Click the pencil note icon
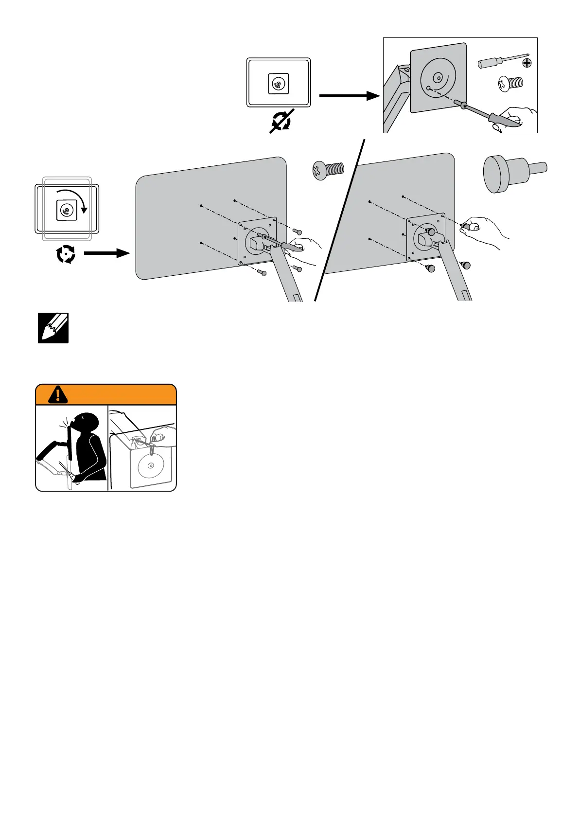53,328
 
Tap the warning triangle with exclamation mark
58,394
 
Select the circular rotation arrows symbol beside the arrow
66,254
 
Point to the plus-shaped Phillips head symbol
526,63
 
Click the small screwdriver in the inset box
503,61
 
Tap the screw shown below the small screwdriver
510,83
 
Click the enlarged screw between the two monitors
328,171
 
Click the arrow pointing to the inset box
349,96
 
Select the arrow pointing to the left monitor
106,253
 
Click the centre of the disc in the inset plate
437,77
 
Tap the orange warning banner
117,394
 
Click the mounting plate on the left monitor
257,241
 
